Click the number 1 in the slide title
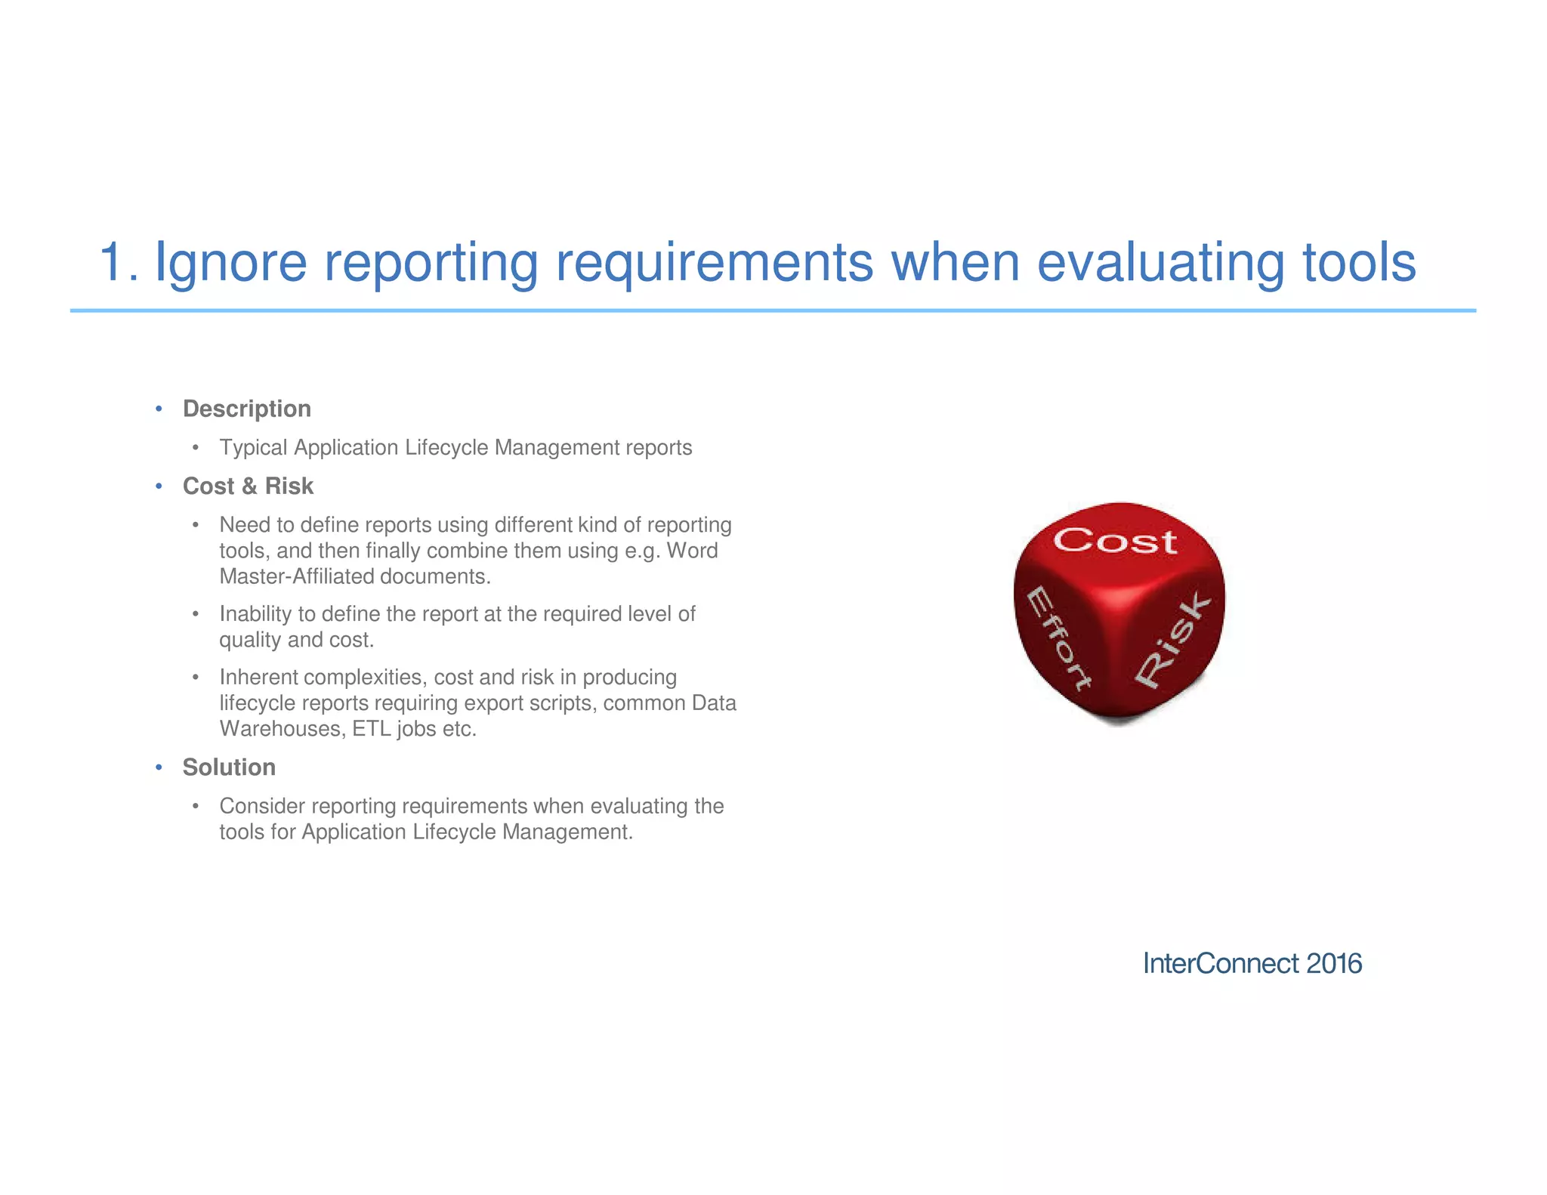[113, 263]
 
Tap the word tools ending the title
[1360, 263]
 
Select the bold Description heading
[247, 409]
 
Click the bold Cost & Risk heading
[248, 486]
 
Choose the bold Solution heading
[229, 767]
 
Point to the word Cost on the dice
[1115, 541]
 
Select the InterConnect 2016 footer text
[1252, 964]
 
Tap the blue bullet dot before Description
[159, 409]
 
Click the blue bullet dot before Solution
[159, 767]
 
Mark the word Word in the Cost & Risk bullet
[692, 551]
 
